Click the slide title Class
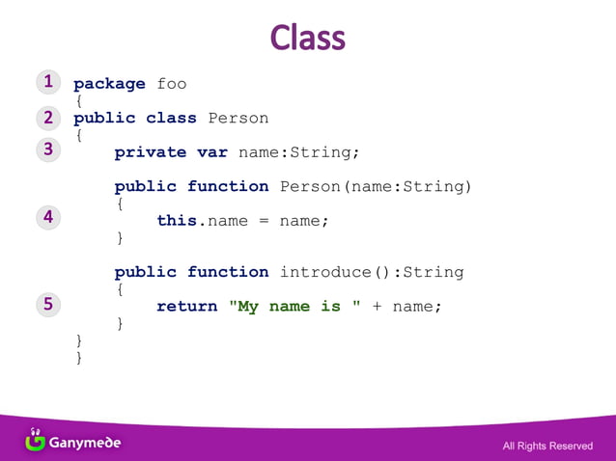click(x=307, y=38)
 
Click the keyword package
click(x=109, y=84)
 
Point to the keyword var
click(x=211, y=152)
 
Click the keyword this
click(x=177, y=221)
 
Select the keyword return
click(x=186, y=307)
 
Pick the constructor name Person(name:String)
click(x=376, y=186)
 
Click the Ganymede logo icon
click(x=35, y=441)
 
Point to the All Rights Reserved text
click(x=547, y=446)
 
